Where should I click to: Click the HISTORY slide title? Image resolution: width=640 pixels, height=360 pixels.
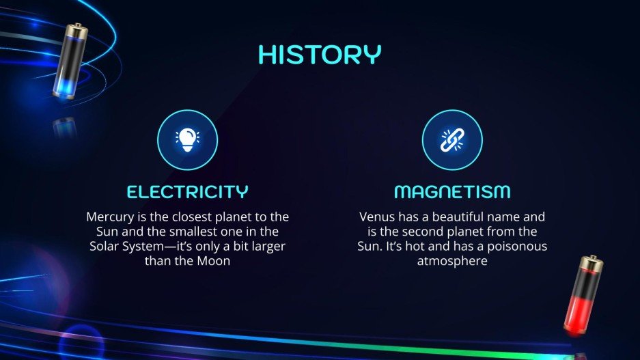[x=320, y=55]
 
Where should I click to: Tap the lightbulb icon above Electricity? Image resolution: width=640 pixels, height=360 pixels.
[x=187, y=140]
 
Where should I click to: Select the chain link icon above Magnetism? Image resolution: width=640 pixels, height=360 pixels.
[x=452, y=140]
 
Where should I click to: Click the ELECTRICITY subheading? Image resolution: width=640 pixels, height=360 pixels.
[x=187, y=191]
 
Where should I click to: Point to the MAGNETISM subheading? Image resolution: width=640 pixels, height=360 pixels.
[x=452, y=191]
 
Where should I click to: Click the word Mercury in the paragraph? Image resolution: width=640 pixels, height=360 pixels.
[x=109, y=217]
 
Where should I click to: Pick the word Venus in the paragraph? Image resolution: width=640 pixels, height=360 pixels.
[x=376, y=217]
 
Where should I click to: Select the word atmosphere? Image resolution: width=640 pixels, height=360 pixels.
[x=452, y=261]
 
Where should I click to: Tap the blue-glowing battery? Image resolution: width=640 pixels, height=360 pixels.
[x=69, y=61]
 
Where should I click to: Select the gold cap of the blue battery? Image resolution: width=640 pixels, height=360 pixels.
[x=76, y=29]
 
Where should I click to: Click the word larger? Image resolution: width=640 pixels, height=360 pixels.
[x=266, y=246]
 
